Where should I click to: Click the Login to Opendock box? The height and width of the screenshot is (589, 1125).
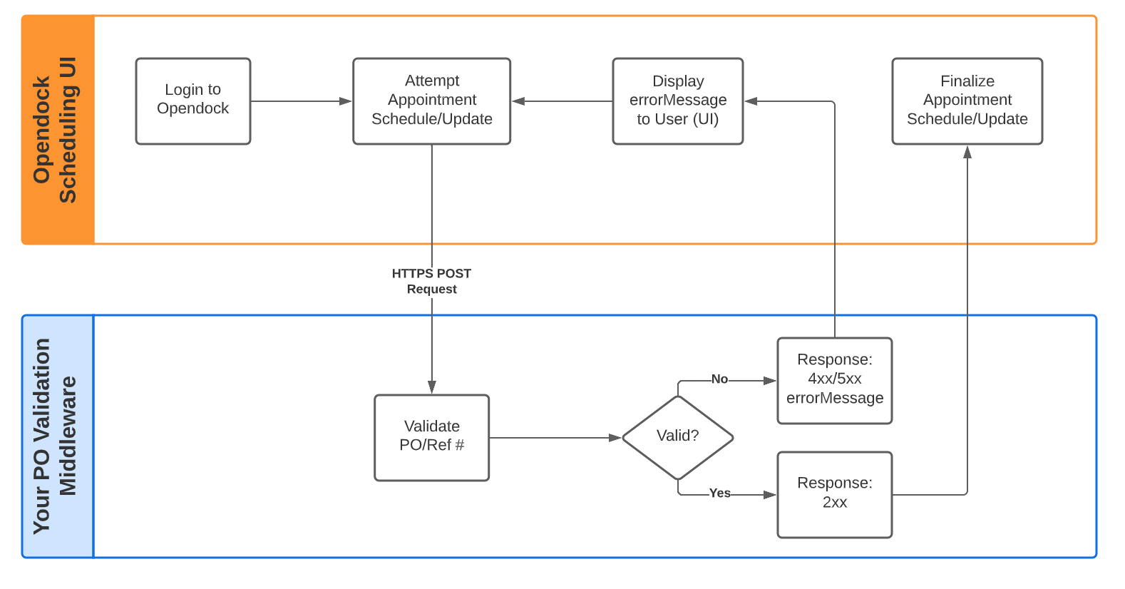192,101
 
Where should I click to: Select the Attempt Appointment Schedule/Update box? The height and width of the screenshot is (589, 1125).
431,101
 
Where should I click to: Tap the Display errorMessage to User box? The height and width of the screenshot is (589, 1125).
677,101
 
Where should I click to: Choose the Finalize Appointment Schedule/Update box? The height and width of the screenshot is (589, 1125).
967,101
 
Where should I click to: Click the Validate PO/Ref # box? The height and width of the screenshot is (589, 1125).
431,437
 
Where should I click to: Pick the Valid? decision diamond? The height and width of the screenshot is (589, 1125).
677,437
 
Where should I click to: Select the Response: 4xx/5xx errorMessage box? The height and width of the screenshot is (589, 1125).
834,380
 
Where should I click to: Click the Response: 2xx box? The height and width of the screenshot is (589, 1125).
834,494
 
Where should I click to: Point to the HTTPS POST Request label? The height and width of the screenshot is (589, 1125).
431,281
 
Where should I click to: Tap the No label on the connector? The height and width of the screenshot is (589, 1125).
719,379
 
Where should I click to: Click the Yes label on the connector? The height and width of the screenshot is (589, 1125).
719,493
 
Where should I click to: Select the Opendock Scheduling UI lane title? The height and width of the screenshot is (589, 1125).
56,130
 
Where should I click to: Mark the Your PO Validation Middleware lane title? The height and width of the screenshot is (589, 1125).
56,436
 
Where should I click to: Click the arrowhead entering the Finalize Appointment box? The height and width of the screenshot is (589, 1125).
967,152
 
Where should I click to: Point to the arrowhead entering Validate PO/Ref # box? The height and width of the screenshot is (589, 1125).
431,387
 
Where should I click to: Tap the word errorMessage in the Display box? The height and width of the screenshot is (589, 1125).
677,101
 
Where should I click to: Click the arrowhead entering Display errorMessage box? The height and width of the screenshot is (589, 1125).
751,101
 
